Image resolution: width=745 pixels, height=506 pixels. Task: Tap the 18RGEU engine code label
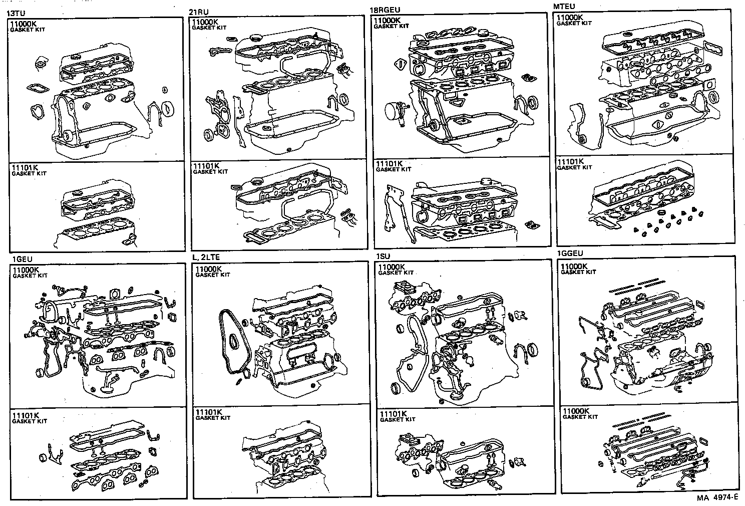385,10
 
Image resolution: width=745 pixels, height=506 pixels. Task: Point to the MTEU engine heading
564,7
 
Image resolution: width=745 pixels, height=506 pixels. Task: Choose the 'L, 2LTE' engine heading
206,257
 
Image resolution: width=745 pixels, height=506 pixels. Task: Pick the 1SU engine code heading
383,257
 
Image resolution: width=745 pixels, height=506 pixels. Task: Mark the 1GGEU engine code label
570,254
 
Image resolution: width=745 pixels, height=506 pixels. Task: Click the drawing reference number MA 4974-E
717,497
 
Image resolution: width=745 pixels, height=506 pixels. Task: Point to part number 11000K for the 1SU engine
392,267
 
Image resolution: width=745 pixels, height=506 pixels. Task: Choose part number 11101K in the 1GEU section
25,416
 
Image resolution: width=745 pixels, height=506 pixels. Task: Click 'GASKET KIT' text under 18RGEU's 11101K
394,169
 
